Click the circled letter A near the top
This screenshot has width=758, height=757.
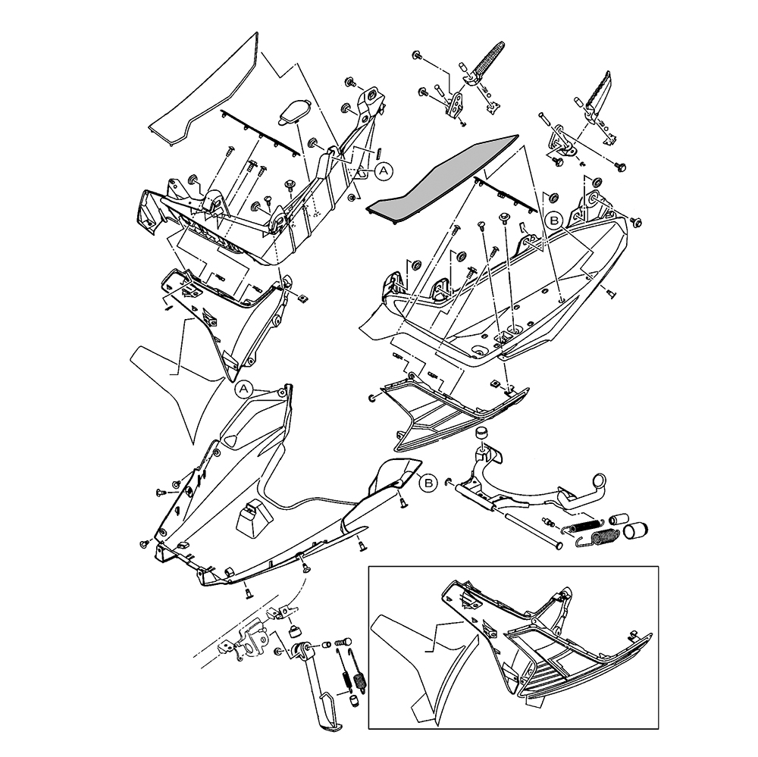pyautogui.click(x=384, y=171)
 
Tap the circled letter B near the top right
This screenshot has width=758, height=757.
pyautogui.click(x=554, y=221)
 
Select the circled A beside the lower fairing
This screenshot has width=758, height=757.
pyautogui.click(x=243, y=389)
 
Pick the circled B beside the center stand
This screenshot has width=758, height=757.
pyautogui.click(x=428, y=482)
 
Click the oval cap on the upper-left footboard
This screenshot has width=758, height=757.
pyautogui.click(x=293, y=111)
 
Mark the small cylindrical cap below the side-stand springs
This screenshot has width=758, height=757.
pyautogui.click(x=352, y=698)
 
